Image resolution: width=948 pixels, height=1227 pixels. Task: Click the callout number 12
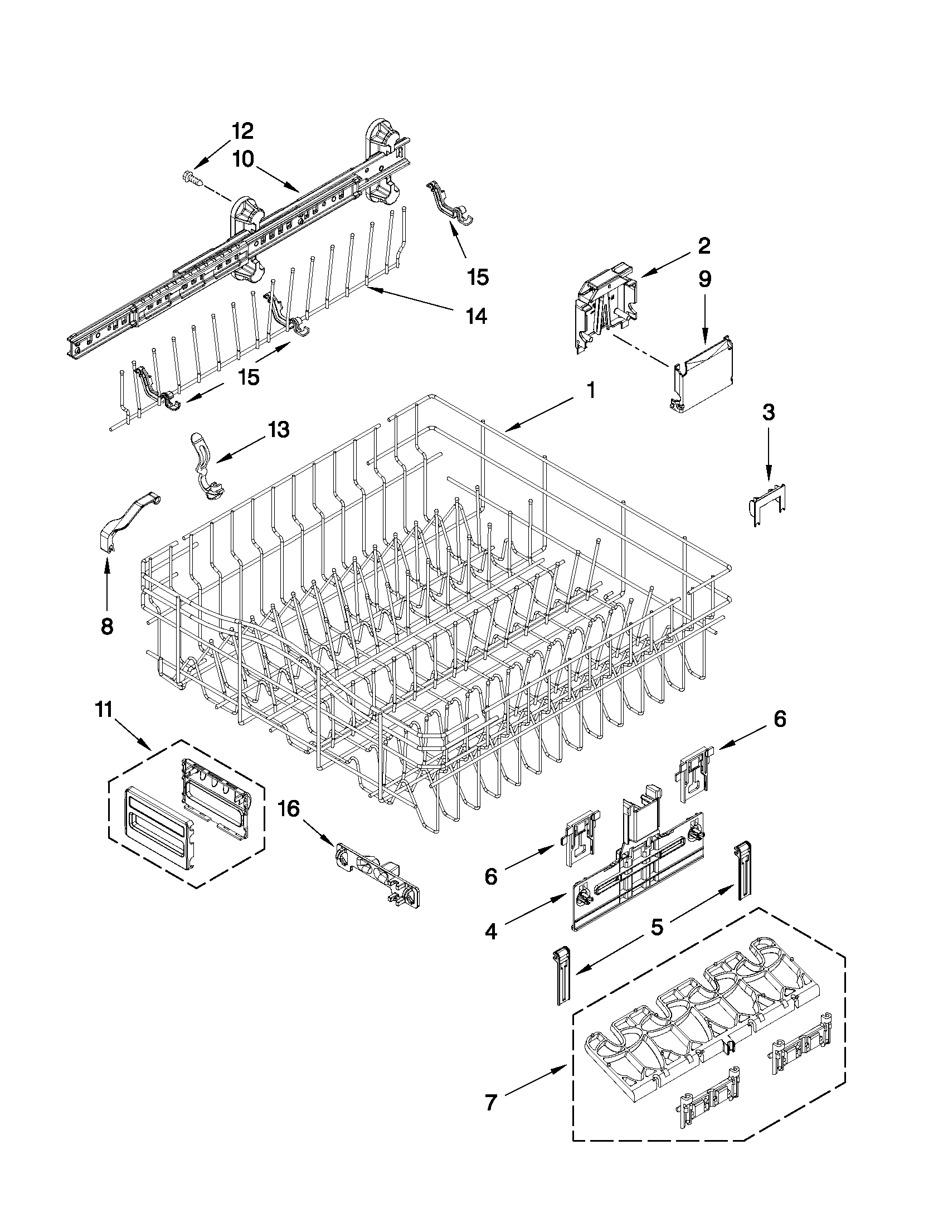tap(242, 131)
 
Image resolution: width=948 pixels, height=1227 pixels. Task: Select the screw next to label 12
tap(192, 178)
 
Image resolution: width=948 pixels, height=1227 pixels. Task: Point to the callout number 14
tap(476, 316)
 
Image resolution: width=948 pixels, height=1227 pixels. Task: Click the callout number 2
tap(704, 246)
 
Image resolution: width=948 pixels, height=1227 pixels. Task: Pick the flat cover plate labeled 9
tap(704, 374)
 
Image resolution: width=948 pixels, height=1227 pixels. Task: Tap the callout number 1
tap(590, 390)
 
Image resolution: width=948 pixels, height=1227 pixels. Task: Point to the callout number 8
tap(106, 625)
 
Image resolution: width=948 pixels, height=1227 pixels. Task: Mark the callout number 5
tap(657, 926)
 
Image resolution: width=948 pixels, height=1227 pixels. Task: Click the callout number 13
tap(278, 430)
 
